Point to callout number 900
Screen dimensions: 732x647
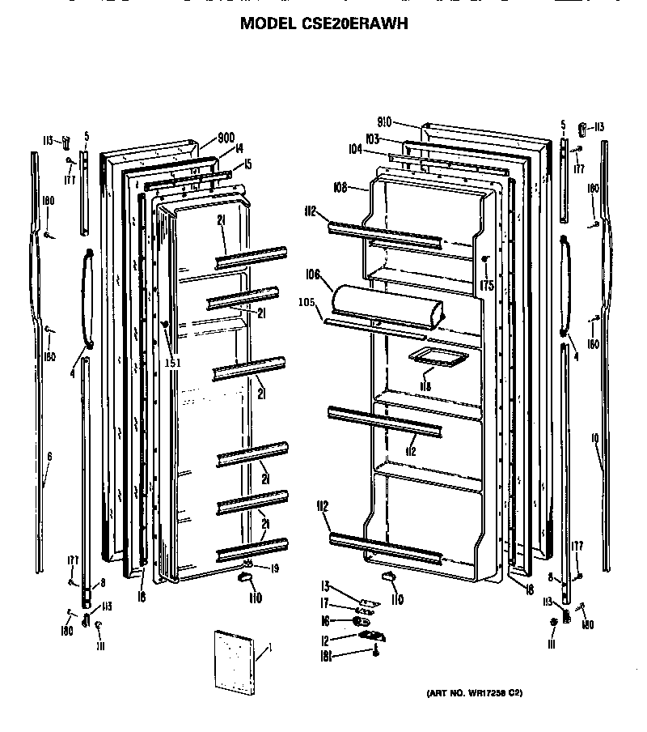pyautogui.click(x=226, y=137)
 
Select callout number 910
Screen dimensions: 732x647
pyautogui.click(x=383, y=121)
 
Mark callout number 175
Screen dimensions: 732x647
pyautogui.click(x=486, y=284)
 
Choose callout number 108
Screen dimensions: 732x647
pyautogui.click(x=339, y=187)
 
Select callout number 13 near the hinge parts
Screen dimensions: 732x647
pyautogui.click(x=325, y=585)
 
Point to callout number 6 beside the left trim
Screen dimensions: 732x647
pyautogui.click(x=49, y=457)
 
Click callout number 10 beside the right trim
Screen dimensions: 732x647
pyautogui.click(x=594, y=438)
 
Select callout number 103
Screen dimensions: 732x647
pyautogui.click(x=372, y=139)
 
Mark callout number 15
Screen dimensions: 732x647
pyautogui.click(x=247, y=164)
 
